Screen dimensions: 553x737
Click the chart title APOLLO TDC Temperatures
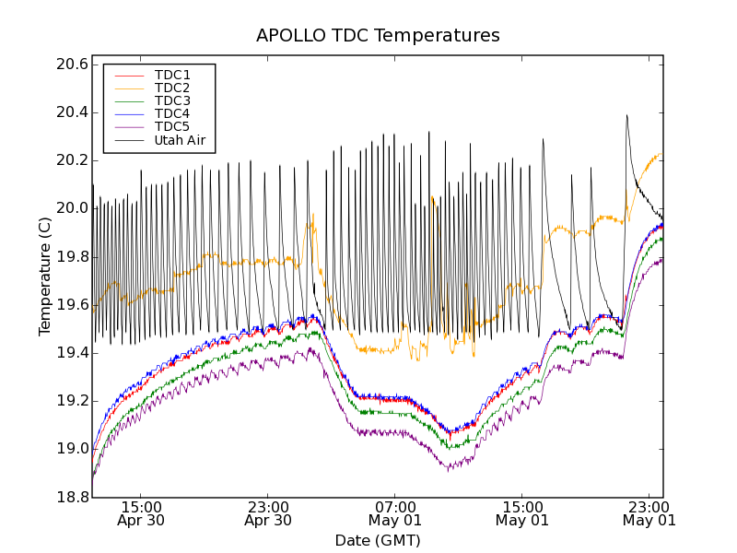pos(378,36)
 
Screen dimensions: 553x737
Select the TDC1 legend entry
pos(172,75)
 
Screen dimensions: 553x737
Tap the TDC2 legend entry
pos(172,88)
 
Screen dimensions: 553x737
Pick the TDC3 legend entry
pos(172,100)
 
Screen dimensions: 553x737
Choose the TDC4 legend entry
pos(172,113)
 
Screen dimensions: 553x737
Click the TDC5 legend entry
pos(172,126)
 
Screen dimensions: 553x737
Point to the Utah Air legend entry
pos(180,141)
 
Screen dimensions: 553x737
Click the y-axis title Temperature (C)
pos(45,276)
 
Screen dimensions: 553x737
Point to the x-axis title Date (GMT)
pos(378,540)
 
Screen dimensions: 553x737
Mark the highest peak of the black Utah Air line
pos(626,115)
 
